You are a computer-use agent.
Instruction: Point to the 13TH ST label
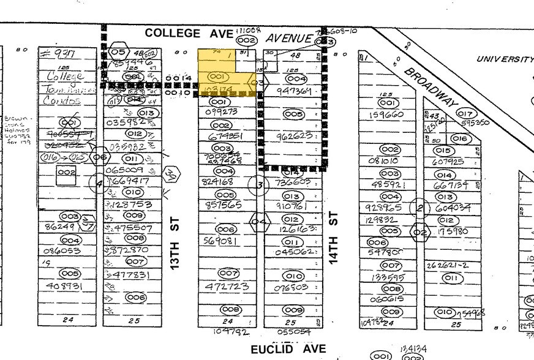pos(175,247)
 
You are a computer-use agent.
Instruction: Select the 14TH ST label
pos(334,238)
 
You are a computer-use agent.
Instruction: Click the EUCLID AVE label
pos(288,350)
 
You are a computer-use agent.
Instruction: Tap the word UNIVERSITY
pos(505,59)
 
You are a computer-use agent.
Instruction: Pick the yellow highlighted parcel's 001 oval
pos(218,77)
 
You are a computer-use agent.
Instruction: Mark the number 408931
pos(64,286)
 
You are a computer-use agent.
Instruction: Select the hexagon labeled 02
pos(420,232)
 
